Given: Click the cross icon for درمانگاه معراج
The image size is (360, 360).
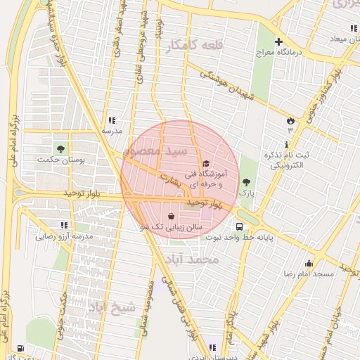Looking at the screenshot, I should coord(279,41).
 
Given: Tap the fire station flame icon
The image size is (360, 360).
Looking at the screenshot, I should coord(289,121).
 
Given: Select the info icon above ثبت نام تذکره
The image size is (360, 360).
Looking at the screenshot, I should coord(288,145).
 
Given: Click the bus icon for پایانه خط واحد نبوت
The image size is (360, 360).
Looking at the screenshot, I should coord(240,226).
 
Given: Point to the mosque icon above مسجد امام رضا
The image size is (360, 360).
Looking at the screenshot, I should coord(307,262).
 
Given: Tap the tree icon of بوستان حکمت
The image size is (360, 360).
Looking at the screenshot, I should coord(60,149).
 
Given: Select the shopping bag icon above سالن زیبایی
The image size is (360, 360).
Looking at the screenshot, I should coord(172,216).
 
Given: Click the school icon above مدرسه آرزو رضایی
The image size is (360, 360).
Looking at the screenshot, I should coord(64,226).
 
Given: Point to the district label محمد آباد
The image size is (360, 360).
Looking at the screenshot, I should coord(199,260).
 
